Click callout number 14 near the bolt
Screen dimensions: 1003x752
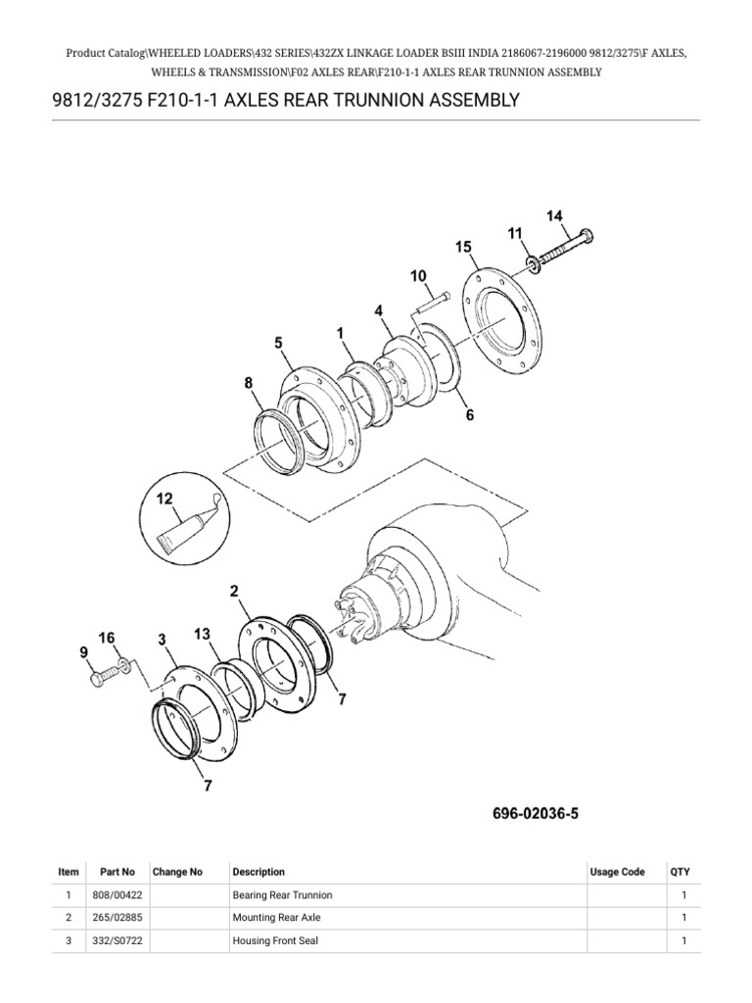[554, 215]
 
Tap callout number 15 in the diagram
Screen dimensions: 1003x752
[463, 248]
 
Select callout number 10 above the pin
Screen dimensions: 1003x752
[419, 277]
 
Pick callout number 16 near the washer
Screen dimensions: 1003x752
[107, 638]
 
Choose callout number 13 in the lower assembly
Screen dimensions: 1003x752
[203, 635]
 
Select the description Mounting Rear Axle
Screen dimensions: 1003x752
[276, 918]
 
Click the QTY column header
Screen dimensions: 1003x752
[680, 872]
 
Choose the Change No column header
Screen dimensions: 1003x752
[177, 872]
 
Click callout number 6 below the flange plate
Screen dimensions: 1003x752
[469, 415]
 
